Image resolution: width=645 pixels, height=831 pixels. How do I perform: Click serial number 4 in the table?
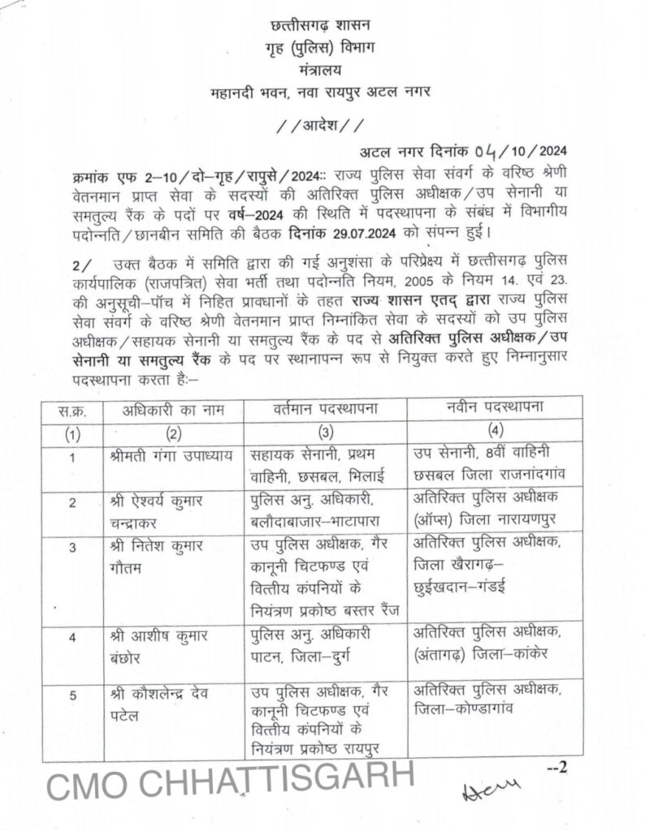[72, 637]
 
